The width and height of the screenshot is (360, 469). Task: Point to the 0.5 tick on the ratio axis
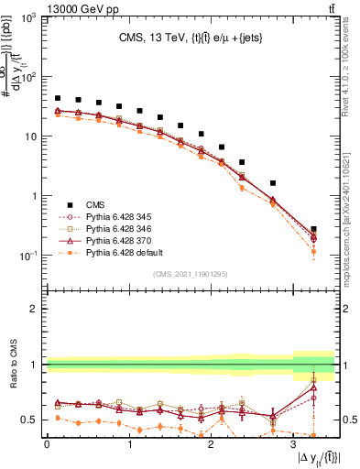pyautogui.click(x=32, y=420)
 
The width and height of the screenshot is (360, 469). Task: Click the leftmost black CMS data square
pyautogui.click(x=58, y=98)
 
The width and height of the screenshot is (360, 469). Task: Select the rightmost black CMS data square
pyautogui.click(x=313, y=229)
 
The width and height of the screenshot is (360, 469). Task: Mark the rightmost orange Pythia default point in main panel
pyautogui.click(x=313, y=251)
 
